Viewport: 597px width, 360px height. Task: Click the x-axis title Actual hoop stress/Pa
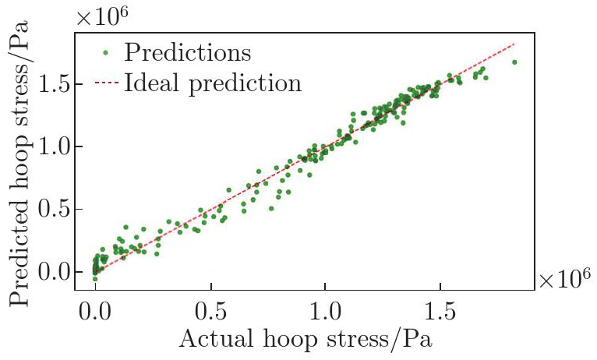305,341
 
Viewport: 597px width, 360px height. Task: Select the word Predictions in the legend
188,54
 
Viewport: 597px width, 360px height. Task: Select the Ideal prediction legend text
212,83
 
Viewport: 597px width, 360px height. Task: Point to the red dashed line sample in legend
107,82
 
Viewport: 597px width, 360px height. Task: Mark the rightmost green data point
514,62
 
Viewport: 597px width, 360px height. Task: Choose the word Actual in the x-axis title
212,341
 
